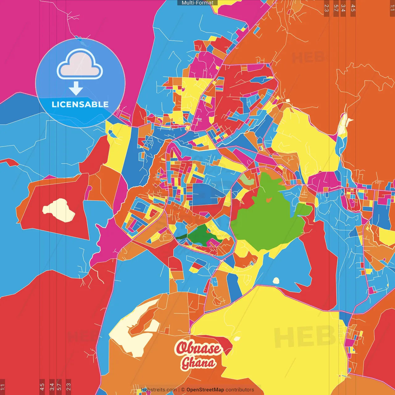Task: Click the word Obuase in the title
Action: coord(198,348)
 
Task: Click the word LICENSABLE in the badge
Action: coord(80,104)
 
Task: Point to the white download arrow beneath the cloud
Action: coord(76,89)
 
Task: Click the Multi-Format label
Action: coord(197,3)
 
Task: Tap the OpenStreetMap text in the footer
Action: coord(205,390)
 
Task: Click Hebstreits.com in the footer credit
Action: coord(159,390)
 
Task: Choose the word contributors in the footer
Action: coord(240,390)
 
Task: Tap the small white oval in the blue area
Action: coord(276,281)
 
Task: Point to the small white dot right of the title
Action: coord(237,339)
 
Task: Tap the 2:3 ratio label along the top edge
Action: coord(326,8)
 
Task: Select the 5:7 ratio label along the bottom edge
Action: coord(59,386)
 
